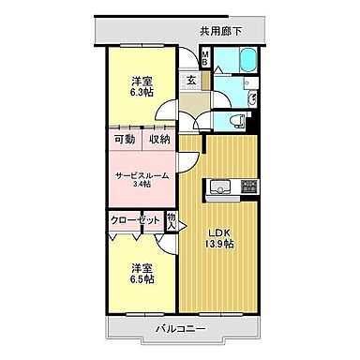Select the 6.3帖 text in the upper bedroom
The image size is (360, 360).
coord(142,92)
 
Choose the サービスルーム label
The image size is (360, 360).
coord(142,175)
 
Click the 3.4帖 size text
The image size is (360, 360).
coord(142,186)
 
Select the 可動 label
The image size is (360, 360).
coord(126,140)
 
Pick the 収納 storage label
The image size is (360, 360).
coord(158,140)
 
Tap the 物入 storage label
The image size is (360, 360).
coord(172,221)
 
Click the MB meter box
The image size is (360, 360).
coord(206,58)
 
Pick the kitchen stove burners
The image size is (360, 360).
coord(248,186)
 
